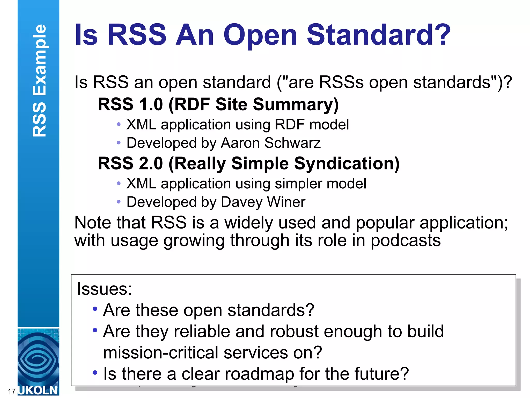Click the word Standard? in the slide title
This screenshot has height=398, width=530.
tap(378, 35)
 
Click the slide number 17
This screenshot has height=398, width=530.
tap(12, 391)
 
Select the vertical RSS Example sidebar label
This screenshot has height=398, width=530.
tap(39, 80)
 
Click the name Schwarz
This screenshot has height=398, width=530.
tap(292, 143)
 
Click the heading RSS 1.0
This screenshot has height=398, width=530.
tap(130, 104)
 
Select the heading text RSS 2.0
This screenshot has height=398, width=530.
tap(130, 164)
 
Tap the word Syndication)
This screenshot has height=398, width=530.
tap(347, 164)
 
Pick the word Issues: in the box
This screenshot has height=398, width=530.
tap(104, 289)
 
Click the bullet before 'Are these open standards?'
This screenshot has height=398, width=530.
tap(95, 309)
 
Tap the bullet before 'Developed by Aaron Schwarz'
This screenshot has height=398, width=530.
tap(119, 143)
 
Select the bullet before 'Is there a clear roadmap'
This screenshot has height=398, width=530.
tap(95, 373)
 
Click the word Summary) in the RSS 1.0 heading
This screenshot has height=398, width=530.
tap(296, 104)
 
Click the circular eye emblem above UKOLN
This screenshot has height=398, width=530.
tap(38, 359)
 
